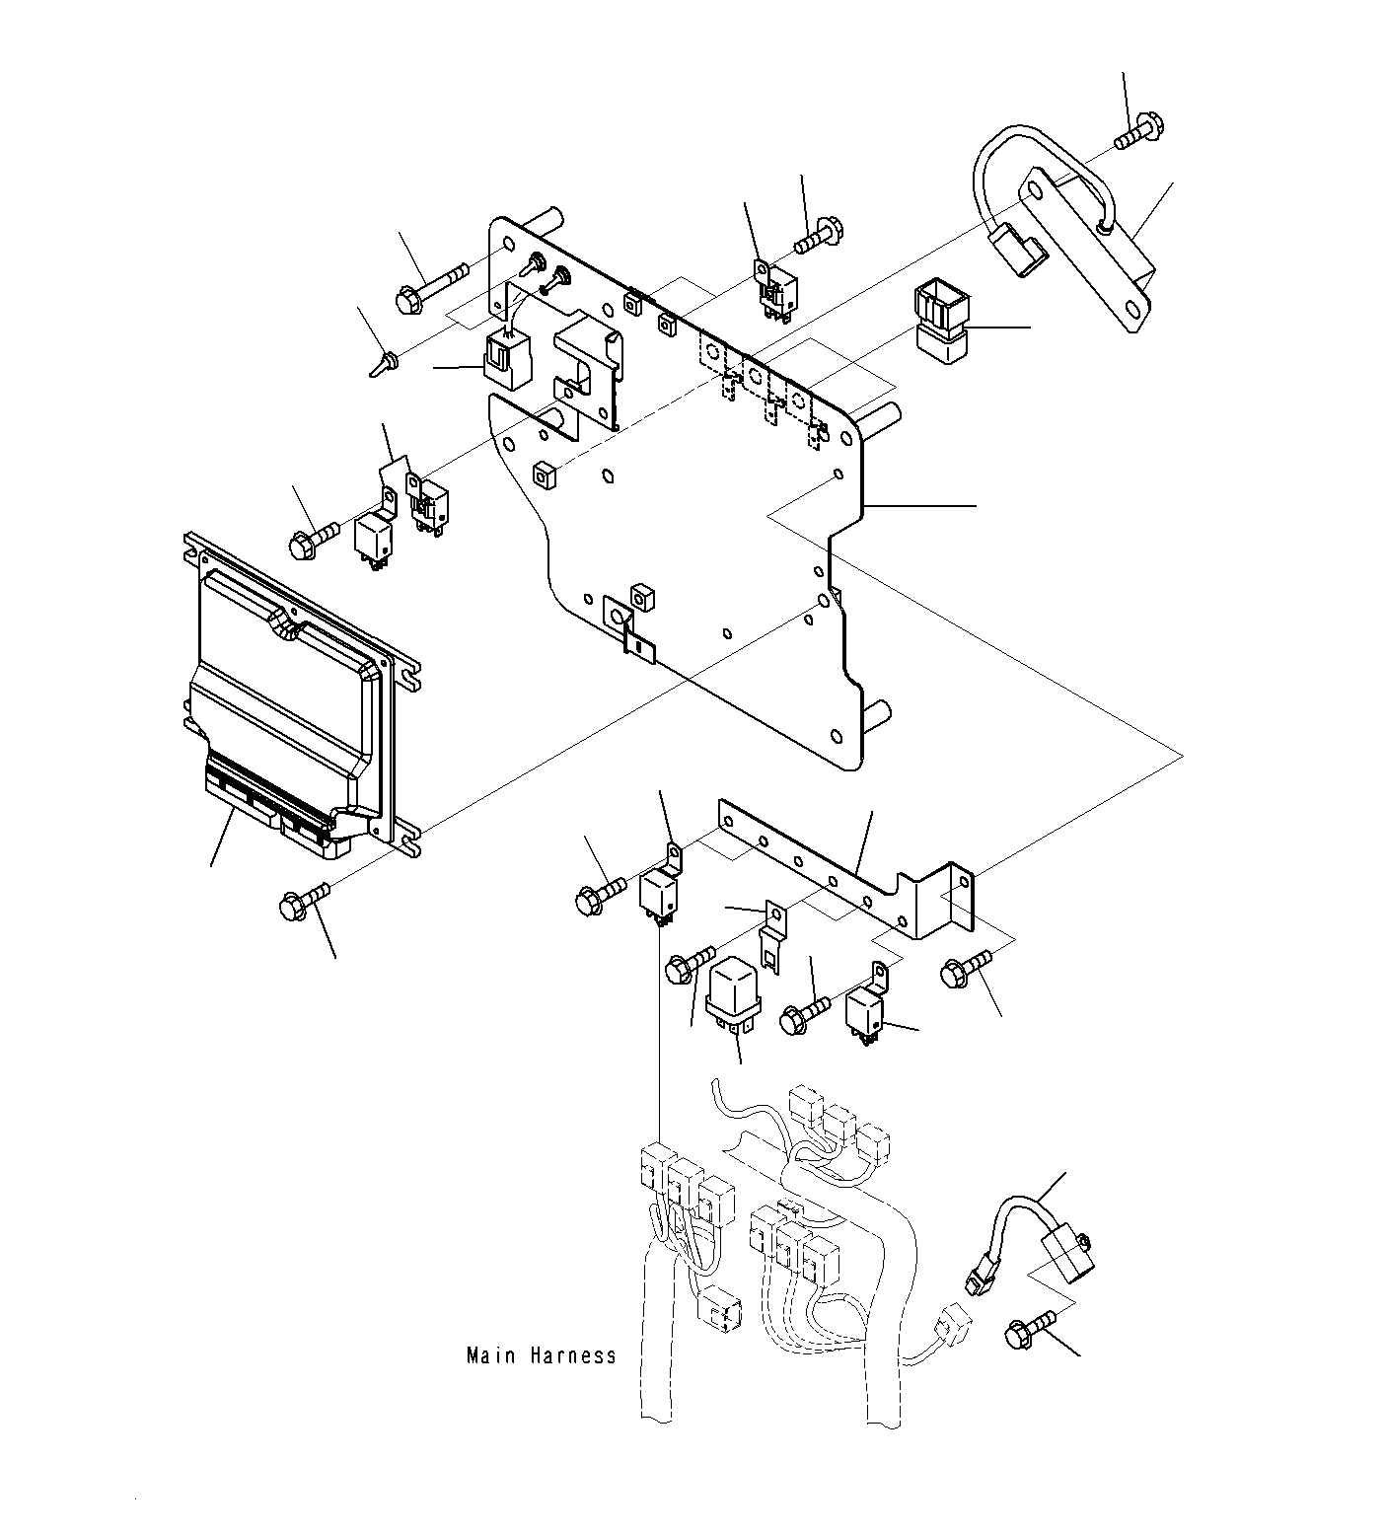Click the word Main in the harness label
pyautogui.click(x=491, y=1355)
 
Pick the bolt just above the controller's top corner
pyautogui.click(x=311, y=538)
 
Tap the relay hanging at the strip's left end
pyautogui.click(x=659, y=894)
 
